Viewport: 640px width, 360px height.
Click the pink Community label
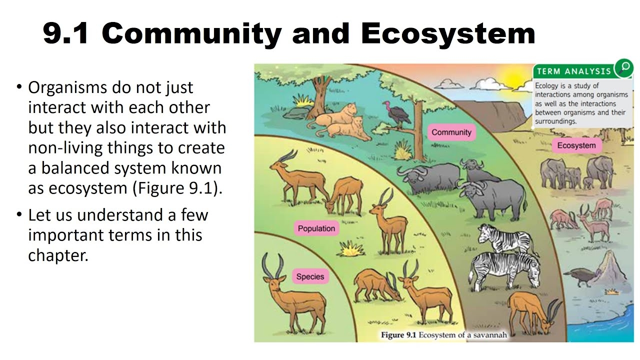[x=451, y=132]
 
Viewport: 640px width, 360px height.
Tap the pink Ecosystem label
[x=576, y=145]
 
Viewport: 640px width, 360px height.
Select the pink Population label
[x=316, y=228]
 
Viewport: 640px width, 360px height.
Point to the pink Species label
[x=310, y=276]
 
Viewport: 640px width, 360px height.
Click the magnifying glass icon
[x=623, y=67]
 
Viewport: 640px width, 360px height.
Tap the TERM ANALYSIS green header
[x=573, y=71]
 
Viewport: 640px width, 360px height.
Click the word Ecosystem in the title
[x=448, y=34]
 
